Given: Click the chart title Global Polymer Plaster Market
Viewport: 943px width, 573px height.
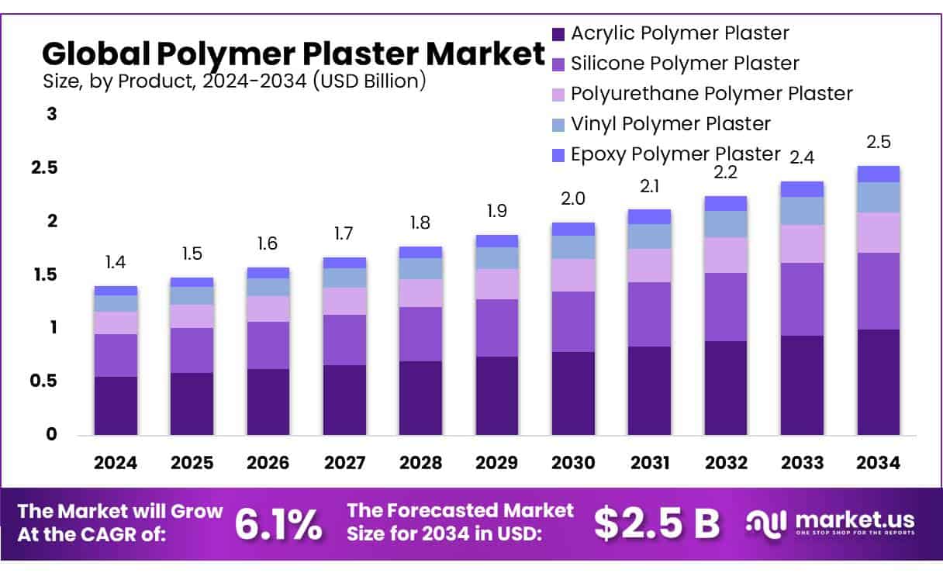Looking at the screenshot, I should point(293,54).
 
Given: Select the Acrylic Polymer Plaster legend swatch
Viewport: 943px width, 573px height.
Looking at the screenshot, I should point(558,34).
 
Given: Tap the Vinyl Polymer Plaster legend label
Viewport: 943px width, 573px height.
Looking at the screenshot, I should point(670,124).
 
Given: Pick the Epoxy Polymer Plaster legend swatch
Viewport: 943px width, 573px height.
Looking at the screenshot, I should point(558,155).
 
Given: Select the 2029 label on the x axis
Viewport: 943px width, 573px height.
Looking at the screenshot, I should point(496,464).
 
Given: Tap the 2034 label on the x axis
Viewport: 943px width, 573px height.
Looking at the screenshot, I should point(879,464).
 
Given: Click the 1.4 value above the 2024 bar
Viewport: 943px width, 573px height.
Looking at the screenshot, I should point(116,263).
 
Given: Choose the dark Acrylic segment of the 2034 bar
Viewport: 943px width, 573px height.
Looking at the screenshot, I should point(879,382).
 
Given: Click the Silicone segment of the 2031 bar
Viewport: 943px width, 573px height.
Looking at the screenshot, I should point(649,314).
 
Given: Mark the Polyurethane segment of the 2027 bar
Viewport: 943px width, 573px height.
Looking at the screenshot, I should point(344,301).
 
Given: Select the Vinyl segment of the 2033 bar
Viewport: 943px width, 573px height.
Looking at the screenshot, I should point(802,211).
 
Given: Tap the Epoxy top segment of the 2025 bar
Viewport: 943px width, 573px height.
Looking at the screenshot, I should point(192,282).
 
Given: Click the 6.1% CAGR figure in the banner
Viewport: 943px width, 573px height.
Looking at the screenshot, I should point(278,523).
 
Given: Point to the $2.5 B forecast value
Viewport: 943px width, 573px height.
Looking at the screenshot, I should point(657,523).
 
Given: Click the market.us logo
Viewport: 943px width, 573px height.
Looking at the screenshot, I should point(830,522).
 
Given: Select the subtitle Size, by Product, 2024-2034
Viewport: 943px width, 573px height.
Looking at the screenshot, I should point(233,81).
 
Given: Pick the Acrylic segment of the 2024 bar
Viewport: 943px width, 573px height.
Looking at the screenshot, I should point(116,406).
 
